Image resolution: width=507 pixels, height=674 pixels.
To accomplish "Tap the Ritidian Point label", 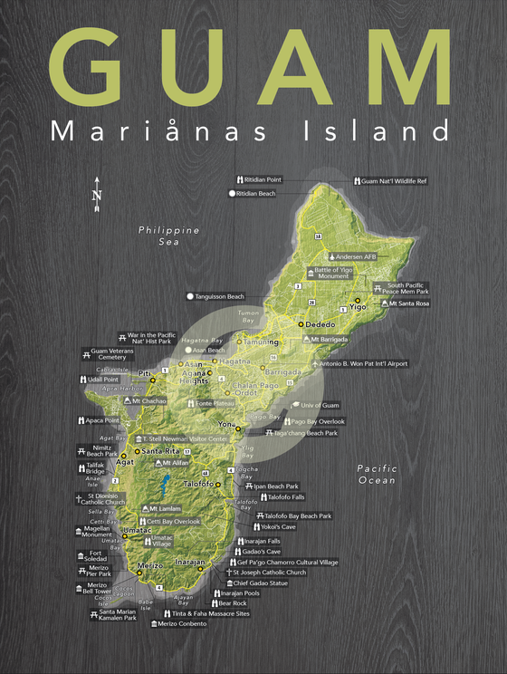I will (x=263, y=179).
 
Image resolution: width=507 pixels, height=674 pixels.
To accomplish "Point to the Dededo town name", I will (x=317, y=323).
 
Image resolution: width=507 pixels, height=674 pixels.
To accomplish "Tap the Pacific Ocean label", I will (x=376, y=474).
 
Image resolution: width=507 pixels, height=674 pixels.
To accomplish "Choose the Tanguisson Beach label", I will (x=220, y=296).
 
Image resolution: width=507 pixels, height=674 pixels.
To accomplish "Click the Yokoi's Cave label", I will (x=278, y=525).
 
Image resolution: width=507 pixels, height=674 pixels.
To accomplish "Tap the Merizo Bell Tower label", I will (x=93, y=590).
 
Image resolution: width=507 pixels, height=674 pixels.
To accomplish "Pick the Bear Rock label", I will (x=232, y=602).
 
